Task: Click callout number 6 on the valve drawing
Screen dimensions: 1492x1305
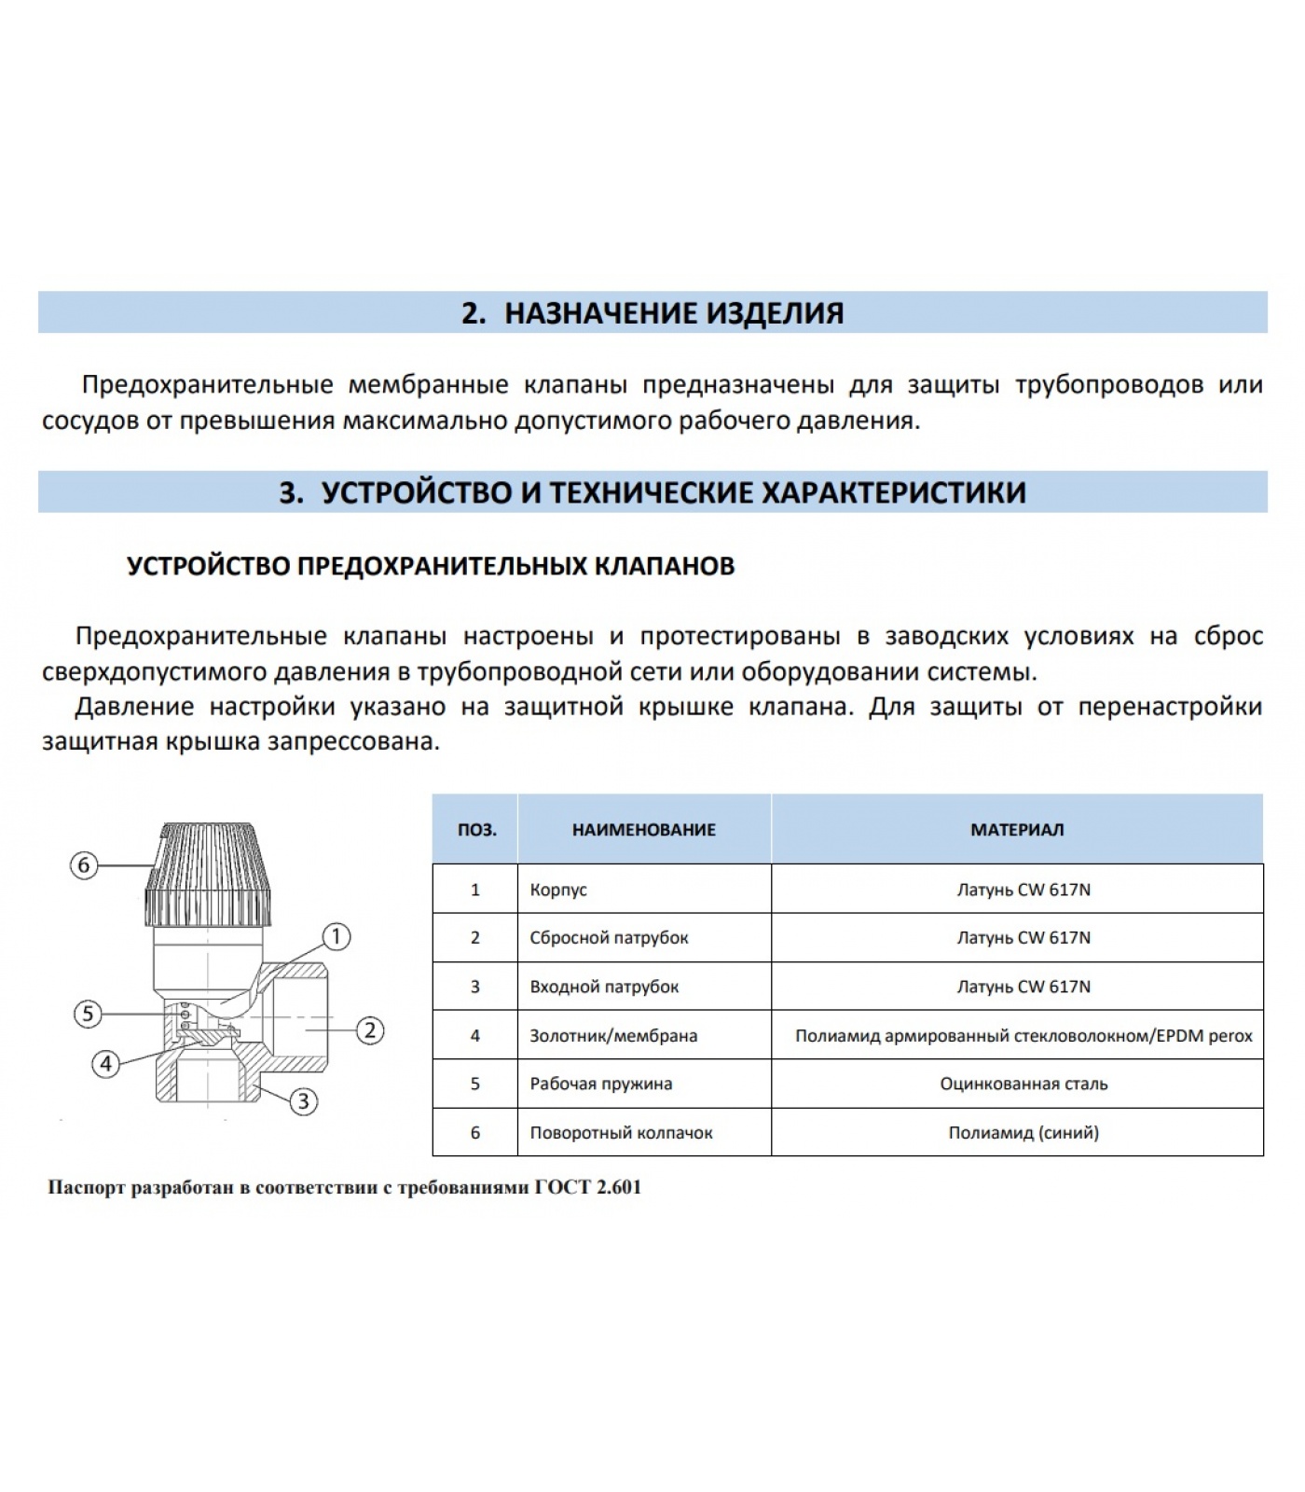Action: coord(84,865)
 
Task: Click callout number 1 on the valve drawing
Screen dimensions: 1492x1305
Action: coord(336,936)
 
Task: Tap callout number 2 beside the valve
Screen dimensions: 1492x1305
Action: coord(370,1030)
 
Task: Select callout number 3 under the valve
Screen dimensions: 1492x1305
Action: coord(304,1101)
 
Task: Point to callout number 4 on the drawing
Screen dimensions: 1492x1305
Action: coord(106,1063)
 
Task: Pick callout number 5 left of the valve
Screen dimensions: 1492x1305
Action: coord(88,1014)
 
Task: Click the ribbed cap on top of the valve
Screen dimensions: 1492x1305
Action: coord(214,873)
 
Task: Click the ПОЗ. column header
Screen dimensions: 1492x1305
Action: coord(476,830)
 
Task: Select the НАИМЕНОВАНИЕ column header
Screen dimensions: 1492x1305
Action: coord(643,830)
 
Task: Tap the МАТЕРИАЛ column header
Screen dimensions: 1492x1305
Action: coord(1017,830)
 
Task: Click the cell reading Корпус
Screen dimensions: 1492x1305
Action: coord(558,890)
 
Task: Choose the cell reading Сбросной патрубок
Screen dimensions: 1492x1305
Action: coord(609,938)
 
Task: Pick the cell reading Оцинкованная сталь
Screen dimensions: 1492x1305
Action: coord(1023,1084)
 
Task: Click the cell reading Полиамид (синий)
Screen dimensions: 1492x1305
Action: coord(1023,1133)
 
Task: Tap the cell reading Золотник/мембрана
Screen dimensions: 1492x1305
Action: coord(613,1035)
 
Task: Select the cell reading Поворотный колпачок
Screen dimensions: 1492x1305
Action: coord(621,1133)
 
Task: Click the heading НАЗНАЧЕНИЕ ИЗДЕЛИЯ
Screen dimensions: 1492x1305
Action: coord(673,313)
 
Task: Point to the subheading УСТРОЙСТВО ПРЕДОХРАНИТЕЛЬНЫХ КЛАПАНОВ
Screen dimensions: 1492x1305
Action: coord(431,566)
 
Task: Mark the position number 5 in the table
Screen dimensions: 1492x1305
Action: coord(475,1084)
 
